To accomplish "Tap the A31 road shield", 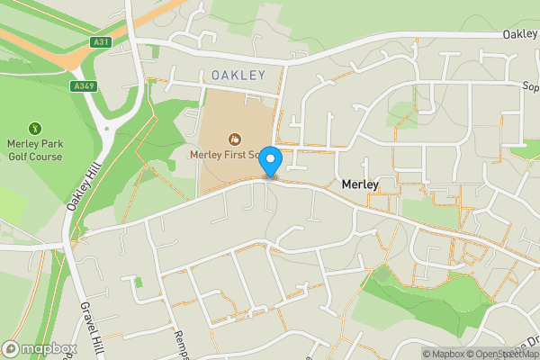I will click(x=101, y=42).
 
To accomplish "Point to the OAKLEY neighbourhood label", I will click(x=239, y=76).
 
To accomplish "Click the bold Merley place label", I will click(x=359, y=184).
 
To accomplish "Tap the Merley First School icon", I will click(x=235, y=139).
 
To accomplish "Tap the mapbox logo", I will click(x=39, y=348).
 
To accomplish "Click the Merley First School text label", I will click(x=225, y=155).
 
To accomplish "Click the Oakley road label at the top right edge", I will click(x=521, y=34).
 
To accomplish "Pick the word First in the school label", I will click(x=236, y=155).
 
